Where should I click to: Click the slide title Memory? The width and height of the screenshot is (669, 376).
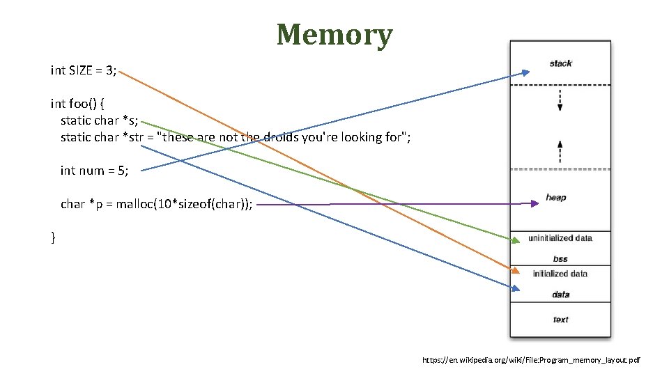pyautogui.click(x=334, y=33)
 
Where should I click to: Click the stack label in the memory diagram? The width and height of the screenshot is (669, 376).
pyautogui.click(x=560, y=63)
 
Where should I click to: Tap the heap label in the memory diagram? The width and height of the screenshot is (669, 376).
pyautogui.click(x=556, y=198)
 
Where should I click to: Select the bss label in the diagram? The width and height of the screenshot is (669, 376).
pyautogui.click(x=560, y=259)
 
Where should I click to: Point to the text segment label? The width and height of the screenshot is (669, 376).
pyautogui.click(x=560, y=320)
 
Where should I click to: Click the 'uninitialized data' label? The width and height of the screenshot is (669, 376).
pyautogui.click(x=560, y=238)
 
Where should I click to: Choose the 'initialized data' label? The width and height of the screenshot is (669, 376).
pyautogui.click(x=560, y=274)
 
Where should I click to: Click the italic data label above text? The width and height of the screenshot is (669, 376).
pyautogui.click(x=560, y=295)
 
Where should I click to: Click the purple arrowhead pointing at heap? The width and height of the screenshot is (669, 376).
pyautogui.click(x=534, y=203)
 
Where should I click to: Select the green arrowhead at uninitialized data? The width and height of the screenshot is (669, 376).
pyautogui.click(x=515, y=241)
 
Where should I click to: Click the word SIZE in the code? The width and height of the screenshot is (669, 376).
pyautogui.click(x=84, y=70)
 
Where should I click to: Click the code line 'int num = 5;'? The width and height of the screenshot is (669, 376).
pyautogui.click(x=94, y=171)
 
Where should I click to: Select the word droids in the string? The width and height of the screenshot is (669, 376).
pyautogui.click(x=282, y=137)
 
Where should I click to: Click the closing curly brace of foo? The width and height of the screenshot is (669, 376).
pyautogui.click(x=53, y=238)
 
